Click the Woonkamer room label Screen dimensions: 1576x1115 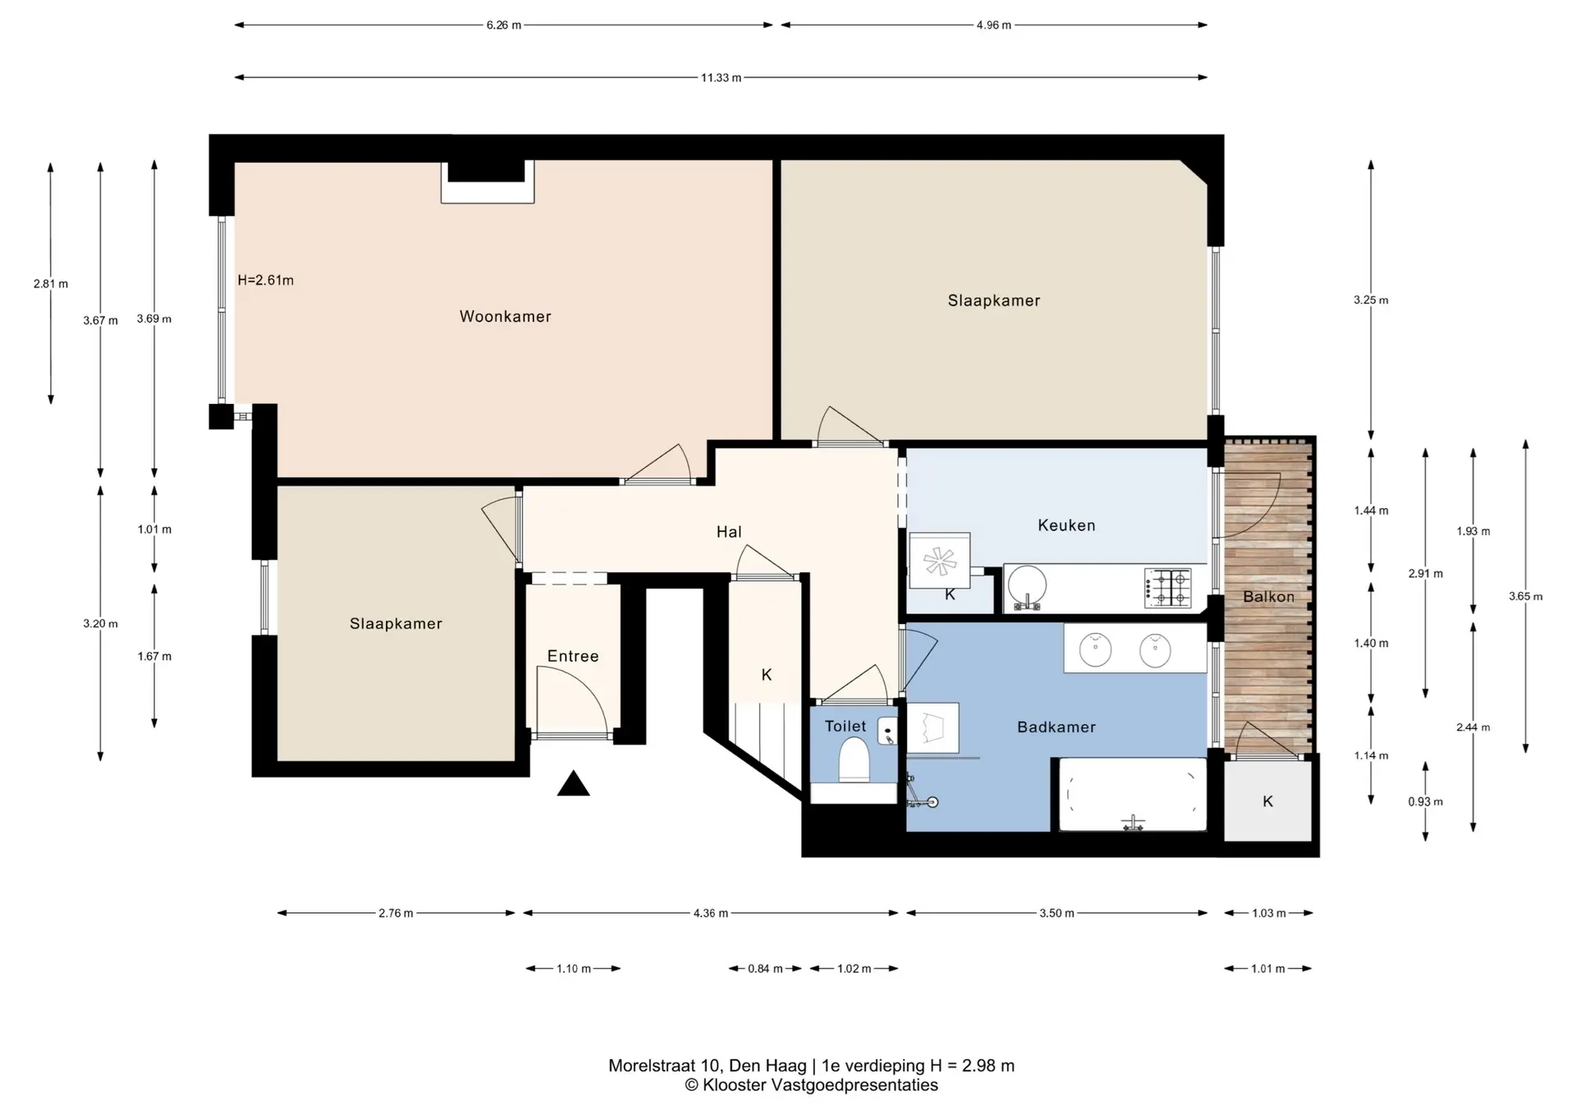(505, 316)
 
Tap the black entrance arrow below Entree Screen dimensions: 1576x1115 (574, 785)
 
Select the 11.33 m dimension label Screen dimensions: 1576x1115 (721, 78)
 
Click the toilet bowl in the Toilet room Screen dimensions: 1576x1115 (854, 760)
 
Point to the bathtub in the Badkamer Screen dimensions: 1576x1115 (1133, 794)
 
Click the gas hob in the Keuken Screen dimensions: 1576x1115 (1168, 588)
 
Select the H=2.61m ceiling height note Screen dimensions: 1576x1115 (265, 280)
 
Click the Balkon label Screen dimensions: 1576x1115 (1268, 597)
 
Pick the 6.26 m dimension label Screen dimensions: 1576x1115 (504, 25)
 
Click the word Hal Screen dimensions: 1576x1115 (729, 532)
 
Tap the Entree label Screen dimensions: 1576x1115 (573, 656)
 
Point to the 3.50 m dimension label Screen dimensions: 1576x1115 (1056, 913)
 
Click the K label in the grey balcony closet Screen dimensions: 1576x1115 (1267, 801)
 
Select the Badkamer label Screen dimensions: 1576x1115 (1056, 727)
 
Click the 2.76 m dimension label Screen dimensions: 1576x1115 (396, 913)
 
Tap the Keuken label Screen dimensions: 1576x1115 (1066, 525)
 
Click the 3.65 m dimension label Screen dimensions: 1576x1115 (1525, 597)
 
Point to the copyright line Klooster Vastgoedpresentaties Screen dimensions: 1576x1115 (811, 1085)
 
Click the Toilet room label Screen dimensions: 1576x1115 (845, 726)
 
